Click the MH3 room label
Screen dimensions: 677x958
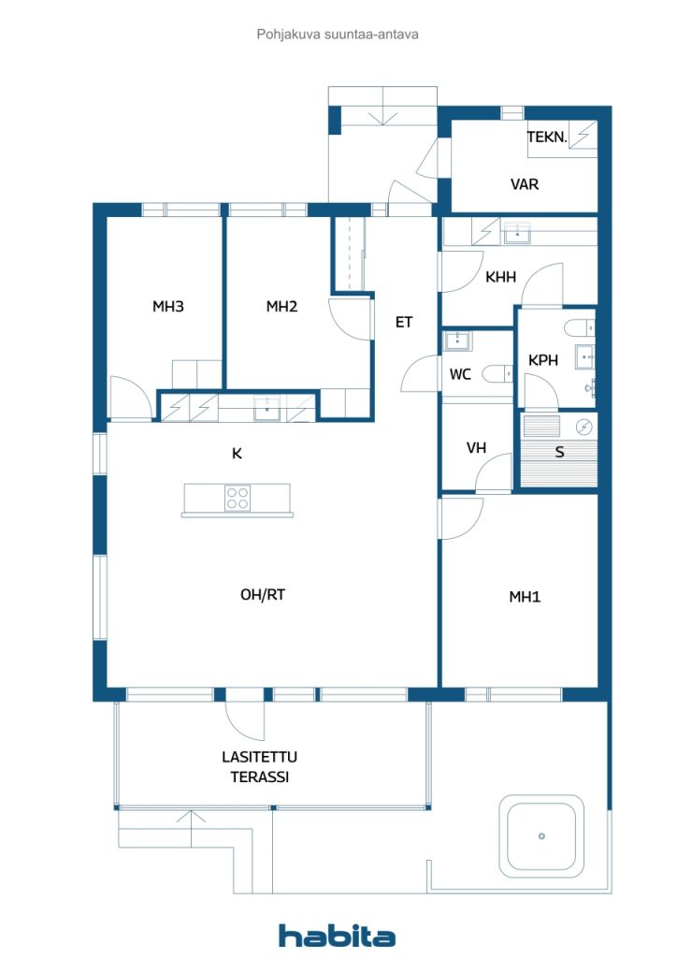pos(168,306)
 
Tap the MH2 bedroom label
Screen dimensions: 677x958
pos(281,306)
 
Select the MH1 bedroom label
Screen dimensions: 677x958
pos(525,596)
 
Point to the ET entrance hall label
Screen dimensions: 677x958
pos(404,322)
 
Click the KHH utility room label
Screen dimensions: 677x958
pos(500,277)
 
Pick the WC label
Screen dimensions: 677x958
pos(460,374)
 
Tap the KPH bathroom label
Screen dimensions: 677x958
pos(542,360)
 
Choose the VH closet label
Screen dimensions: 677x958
pos(476,448)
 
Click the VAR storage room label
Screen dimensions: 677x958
pos(525,184)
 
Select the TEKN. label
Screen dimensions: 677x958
pos(547,137)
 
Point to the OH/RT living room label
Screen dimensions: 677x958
pos(263,594)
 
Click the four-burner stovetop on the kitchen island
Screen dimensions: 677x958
pos(237,498)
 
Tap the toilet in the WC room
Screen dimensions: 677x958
pos(497,373)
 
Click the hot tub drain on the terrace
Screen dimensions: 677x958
pos(541,835)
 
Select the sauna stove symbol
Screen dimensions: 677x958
pos(584,427)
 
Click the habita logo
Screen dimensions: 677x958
pos(337,935)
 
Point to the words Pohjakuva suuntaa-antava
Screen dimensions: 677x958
pos(338,35)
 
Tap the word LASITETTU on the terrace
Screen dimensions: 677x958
pos(259,757)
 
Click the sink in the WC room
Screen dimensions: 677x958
pos(456,341)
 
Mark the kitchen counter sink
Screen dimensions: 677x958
pos(266,409)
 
